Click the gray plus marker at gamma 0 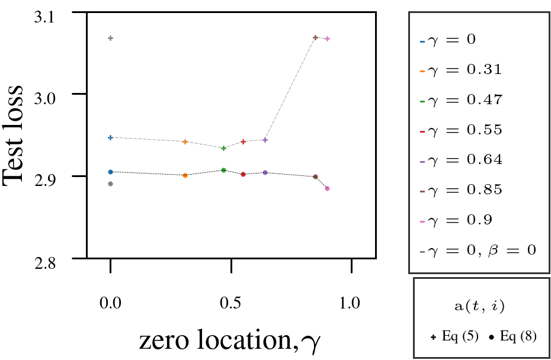point(110,38)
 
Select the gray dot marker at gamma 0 point(110,184)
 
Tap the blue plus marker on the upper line point(110,137)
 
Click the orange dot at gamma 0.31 point(185,175)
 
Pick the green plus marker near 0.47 point(223,148)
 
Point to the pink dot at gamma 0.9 point(327,189)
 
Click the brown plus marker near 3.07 point(315,38)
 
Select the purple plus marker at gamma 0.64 point(265,140)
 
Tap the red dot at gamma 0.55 point(243,174)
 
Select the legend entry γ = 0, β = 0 point(477,250)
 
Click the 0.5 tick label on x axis point(230,304)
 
